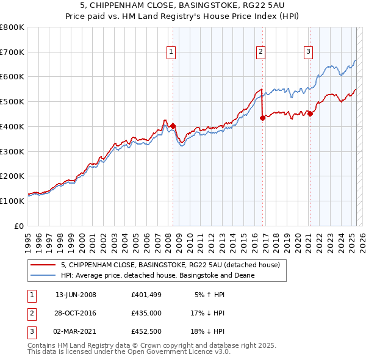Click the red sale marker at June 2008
[173, 126]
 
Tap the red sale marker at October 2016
[262, 118]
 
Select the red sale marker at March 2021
[310, 113]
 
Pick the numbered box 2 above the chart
[260, 52]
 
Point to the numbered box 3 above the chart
[308, 52]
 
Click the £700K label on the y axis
[12, 52]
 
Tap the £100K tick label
[12, 201]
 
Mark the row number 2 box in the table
[30, 313]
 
